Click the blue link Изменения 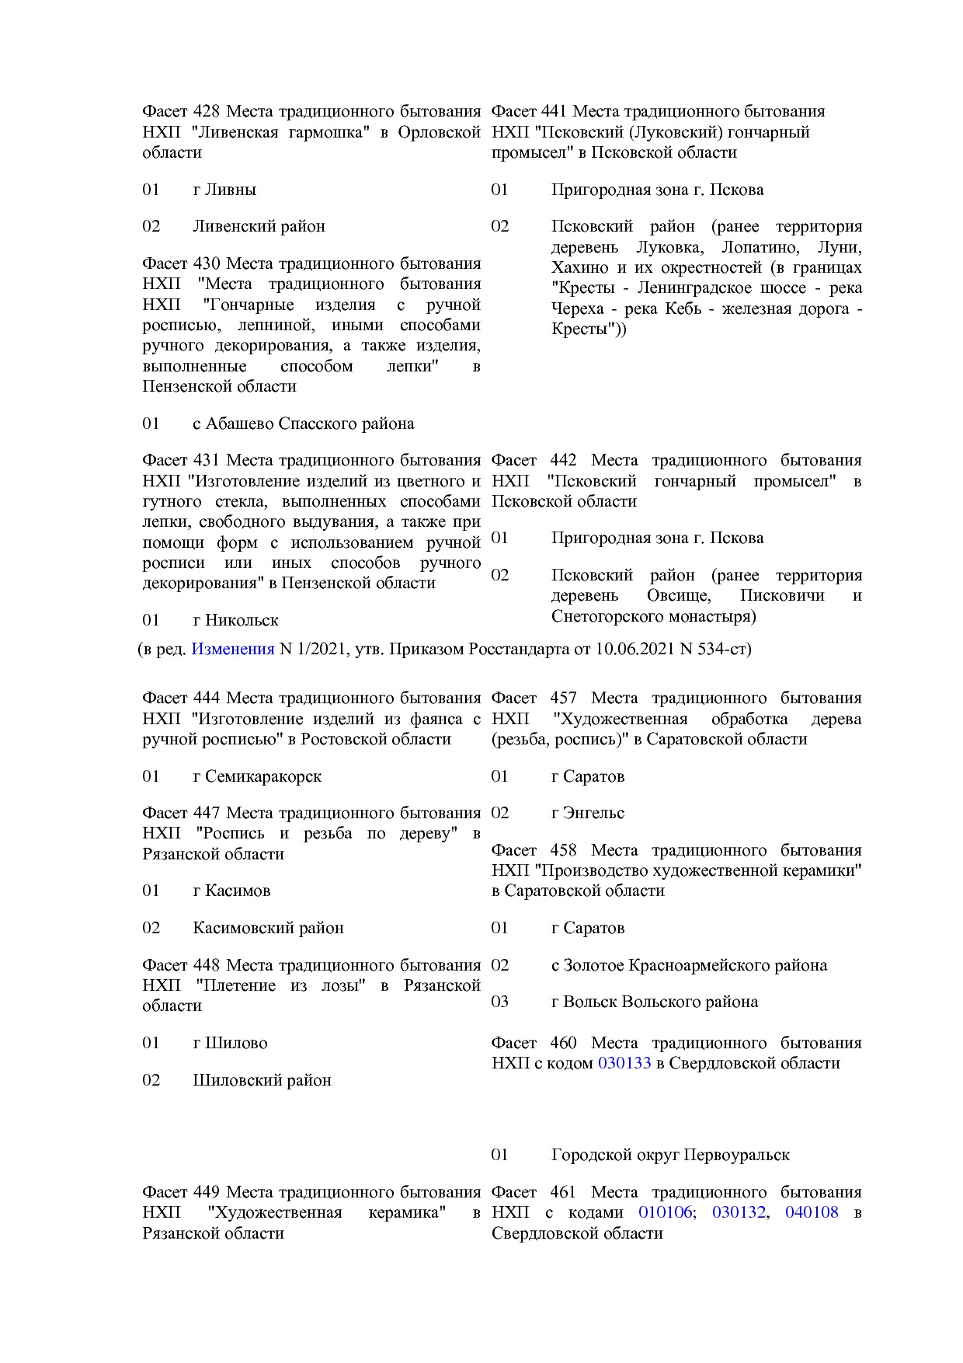pyautogui.click(x=232, y=648)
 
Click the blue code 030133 pyautogui.click(x=624, y=1062)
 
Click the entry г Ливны pyautogui.click(x=224, y=190)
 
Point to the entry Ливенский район pyautogui.click(x=259, y=226)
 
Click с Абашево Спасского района pyautogui.click(x=303, y=424)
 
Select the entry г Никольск pyautogui.click(x=235, y=620)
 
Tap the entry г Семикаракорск pyautogui.click(x=257, y=776)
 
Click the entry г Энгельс pyautogui.click(x=588, y=813)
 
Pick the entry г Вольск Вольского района pyautogui.click(x=655, y=1002)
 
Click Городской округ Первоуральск pyautogui.click(x=670, y=1155)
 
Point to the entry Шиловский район pyautogui.click(x=262, y=1080)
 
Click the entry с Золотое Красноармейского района pyautogui.click(x=689, y=965)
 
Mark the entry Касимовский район pyautogui.click(x=268, y=928)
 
